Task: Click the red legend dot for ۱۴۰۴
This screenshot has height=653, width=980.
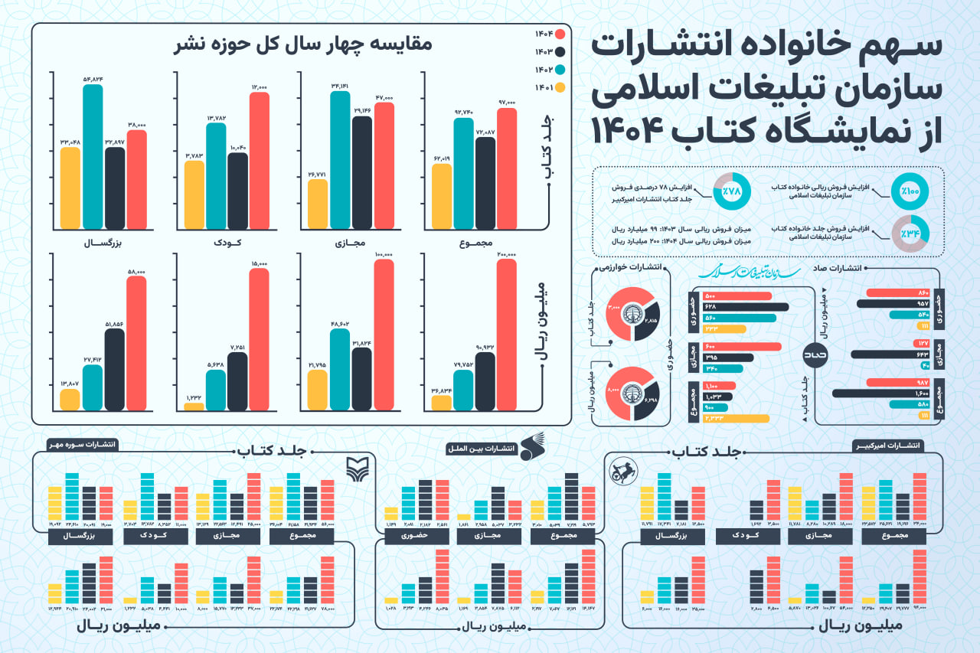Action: pyautogui.click(x=560, y=34)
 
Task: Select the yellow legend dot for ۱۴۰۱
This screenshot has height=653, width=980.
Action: pyautogui.click(x=560, y=88)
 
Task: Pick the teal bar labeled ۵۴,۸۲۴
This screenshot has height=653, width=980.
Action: pyautogui.click(x=92, y=156)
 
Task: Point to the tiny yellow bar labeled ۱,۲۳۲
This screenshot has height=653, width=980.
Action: pyautogui.click(x=194, y=406)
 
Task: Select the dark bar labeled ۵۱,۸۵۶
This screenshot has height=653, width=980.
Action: pyautogui.click(x=114, y=369)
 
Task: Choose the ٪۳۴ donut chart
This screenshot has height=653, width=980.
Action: pyautogui.click(x=908, y=233)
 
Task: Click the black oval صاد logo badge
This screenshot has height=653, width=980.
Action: pyautogui.click(x=814, y=355)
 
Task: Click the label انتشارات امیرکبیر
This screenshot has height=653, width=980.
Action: pyautogui.click(x=888, y=446)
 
